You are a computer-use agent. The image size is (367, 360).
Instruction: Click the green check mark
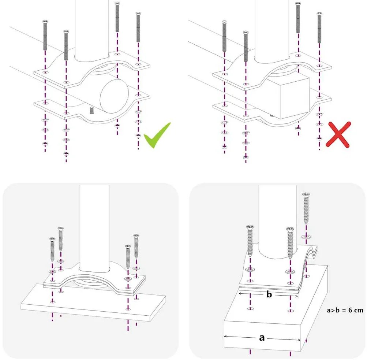pyautogui.click(x=157, y=136)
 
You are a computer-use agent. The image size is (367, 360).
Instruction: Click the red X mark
pyautogui.click(x=338, y=135)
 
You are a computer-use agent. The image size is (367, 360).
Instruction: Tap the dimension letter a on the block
pyautogui.click(x=262, y=338)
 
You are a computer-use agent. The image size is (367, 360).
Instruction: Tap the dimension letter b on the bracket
pyautogui.click(x=269, y=294)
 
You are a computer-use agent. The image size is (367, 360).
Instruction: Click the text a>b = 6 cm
pyautogui.click(x=345, y=310)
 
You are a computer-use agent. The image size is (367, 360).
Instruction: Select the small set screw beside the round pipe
pyautogui.click(x=91, y=110)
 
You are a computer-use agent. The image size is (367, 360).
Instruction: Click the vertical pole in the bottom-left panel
pyautogui.click(x=94, y=227)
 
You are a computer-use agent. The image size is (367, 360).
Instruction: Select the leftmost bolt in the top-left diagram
pyautogui.click(x=45, y=35)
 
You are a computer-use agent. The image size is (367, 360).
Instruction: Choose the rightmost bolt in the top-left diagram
pyautogui.click(x=138, y=27)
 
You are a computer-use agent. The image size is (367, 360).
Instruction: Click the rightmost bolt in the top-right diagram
pyautogui.click(x=319, y=27)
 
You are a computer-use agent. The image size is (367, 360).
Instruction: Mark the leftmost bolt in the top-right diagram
pyautogui.click(x=224, y=36)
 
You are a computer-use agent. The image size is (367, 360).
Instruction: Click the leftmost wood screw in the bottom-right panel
pyautogui.click(x=250, y=240)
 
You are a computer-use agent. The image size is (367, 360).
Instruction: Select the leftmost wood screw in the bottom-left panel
pyautogui.click(x=52, y=251)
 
